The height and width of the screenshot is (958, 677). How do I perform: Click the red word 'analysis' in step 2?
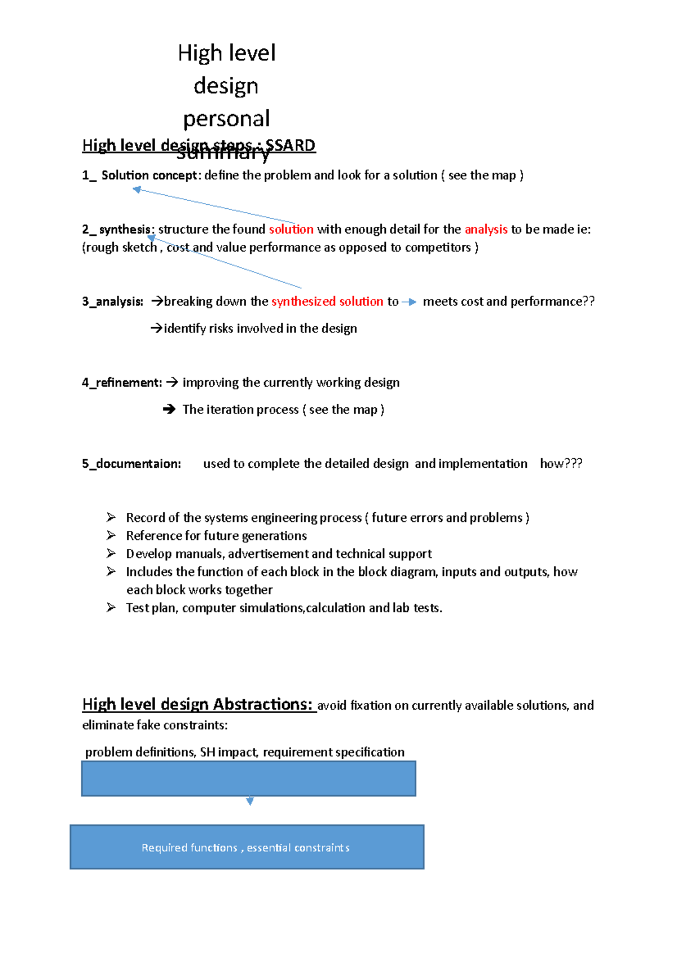tap(486, 230)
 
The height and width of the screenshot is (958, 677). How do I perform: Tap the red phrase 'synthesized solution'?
tap(327, 302)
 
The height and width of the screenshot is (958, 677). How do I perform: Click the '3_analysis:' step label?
tap(113, 302)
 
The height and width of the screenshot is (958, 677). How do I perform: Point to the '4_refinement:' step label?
tap(122, 383)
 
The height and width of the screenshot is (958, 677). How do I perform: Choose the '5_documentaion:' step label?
tap(131, 464)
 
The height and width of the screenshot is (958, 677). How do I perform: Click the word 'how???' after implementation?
tap(561, 464)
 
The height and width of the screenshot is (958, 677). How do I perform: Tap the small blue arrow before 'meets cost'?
tap(409, 302)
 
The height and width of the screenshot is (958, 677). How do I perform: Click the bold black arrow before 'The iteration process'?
tap(169, 410)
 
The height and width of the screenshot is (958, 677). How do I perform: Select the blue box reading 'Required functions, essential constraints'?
tap(247, 847)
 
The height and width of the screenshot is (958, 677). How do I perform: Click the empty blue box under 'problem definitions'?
tap(248, 779)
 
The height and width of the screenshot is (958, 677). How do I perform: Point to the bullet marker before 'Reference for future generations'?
tap(111, 535)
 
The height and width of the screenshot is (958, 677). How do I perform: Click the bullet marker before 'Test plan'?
tap(111, 608)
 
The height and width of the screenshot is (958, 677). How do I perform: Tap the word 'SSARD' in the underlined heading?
tap(291, 146)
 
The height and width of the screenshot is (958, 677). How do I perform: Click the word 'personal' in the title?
tap(226, 119)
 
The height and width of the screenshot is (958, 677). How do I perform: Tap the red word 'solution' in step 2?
tap(291, 230)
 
